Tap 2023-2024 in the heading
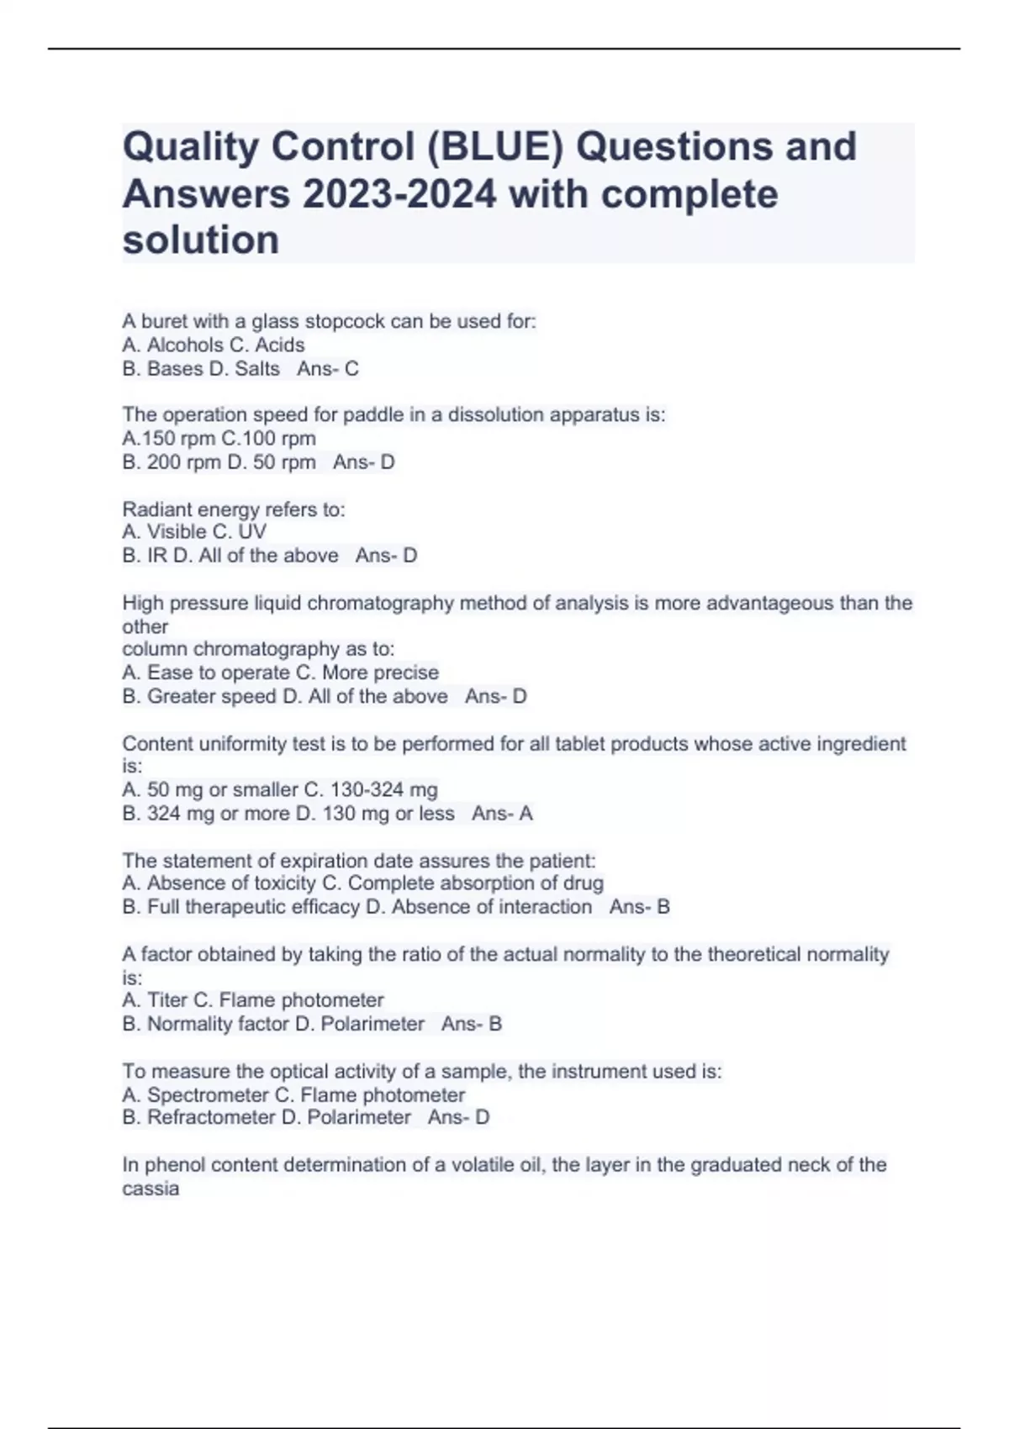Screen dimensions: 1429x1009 (399, 194)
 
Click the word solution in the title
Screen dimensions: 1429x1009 (201, 240)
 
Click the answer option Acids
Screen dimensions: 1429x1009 (280, 345)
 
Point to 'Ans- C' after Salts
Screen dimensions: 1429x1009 (327, 368)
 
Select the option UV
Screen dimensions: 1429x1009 (252, 531)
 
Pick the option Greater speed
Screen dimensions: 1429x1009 (211, 696)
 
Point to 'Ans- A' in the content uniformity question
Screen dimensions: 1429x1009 (502, 813)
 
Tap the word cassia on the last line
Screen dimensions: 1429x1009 (151, 1188)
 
